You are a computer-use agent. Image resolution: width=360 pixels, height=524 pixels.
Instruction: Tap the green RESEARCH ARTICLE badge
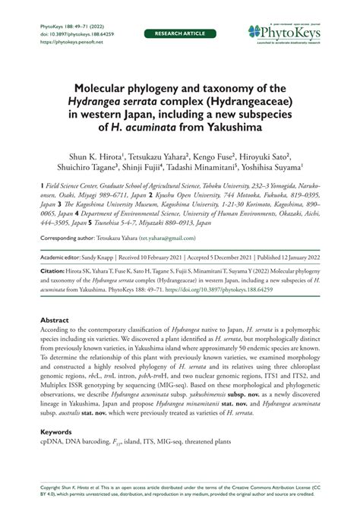point(179,34)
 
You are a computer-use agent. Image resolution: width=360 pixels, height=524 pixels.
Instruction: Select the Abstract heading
point(56,320)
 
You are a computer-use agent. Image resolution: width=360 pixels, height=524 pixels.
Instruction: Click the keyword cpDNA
point(52,442)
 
